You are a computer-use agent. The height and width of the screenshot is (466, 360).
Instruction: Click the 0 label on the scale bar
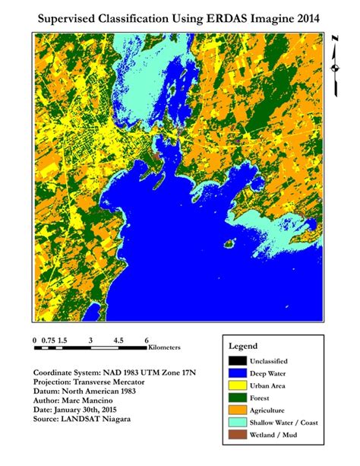click(x=35, y=340)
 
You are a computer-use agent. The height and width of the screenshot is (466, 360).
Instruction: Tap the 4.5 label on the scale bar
click(x=118, y=340)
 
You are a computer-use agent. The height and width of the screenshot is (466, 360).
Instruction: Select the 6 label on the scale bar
click(x=146, y=340)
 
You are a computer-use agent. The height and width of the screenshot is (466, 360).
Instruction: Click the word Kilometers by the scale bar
click(x=165, y=347)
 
